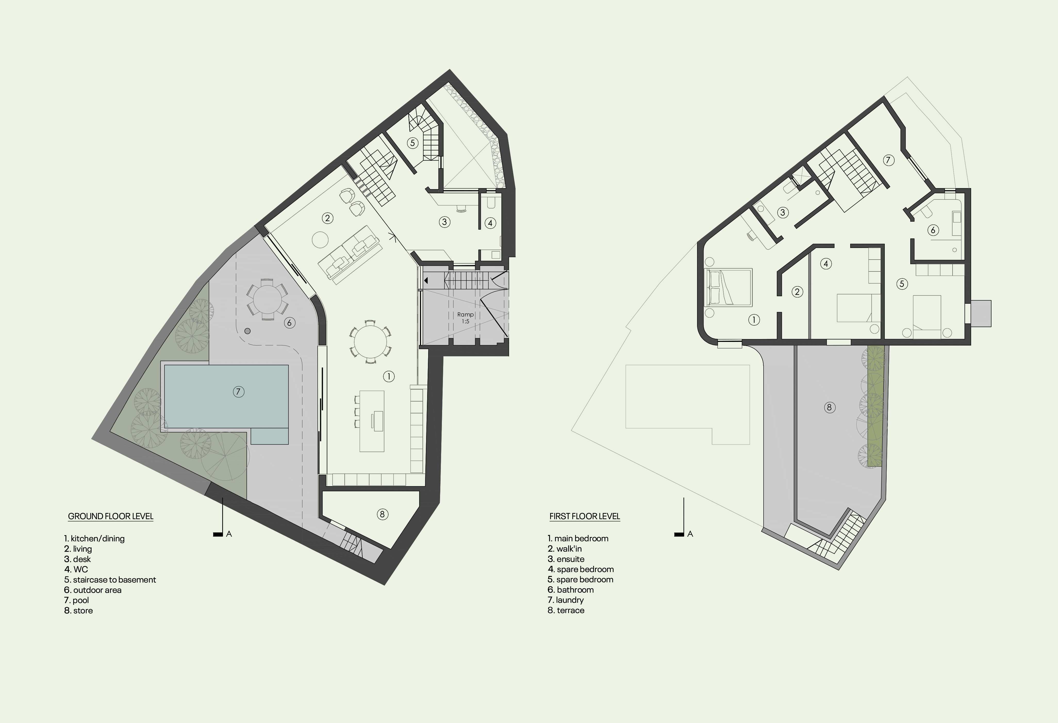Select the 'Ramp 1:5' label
pyautogui.click(x=465, y=318)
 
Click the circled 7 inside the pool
pyautogui.click(x=238, y=391)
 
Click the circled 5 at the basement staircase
pyautogui.click(x=412, y=143)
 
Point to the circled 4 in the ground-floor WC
pyautogui.click(x=490, y=223)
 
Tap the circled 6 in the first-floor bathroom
pyautogui.click(x=933, y=230)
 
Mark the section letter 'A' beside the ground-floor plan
pyautogui.click(x=229, y=534)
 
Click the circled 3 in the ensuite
pyautogui.click(x=783, y=212)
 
